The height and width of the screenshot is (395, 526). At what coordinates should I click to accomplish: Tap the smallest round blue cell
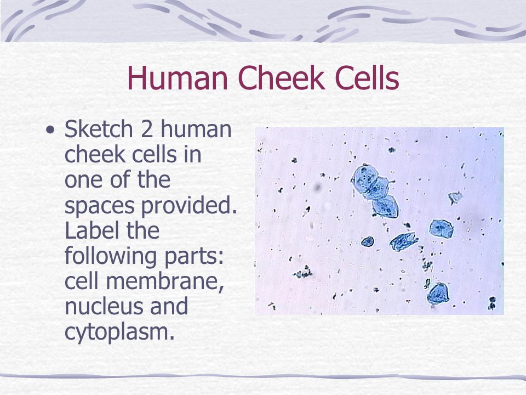[x=367, y=241]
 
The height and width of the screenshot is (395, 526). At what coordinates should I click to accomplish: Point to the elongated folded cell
[x=404, y=241]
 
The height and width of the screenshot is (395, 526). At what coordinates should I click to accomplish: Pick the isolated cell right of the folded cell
[x=441, y=228]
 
